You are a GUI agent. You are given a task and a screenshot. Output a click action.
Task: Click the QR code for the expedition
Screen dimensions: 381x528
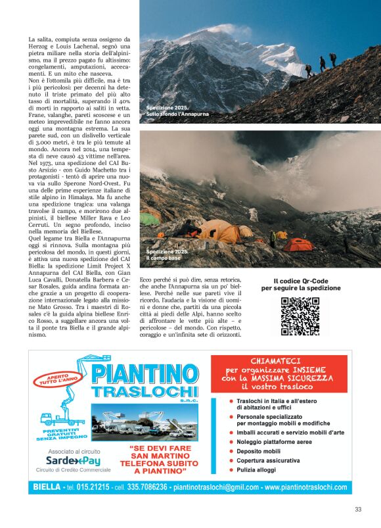click(301, 316)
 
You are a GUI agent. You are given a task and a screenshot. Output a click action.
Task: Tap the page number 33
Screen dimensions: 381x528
click(358, 509)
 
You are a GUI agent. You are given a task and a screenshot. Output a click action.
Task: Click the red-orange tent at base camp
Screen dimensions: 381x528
click(299, 245)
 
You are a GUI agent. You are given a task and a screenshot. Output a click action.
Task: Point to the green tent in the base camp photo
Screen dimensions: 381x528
click(150, 218)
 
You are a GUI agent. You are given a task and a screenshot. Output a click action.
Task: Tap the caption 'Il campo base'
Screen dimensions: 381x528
click(163, 258)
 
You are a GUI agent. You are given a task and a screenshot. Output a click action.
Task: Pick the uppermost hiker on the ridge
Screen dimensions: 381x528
click(332, 59)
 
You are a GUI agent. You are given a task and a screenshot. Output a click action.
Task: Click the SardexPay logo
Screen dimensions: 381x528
click(72, 460)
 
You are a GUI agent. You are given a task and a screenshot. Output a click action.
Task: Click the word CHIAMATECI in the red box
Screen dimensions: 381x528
click(279, 361)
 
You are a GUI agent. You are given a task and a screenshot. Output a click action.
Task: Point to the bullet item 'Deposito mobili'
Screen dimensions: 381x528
click(258, 451)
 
